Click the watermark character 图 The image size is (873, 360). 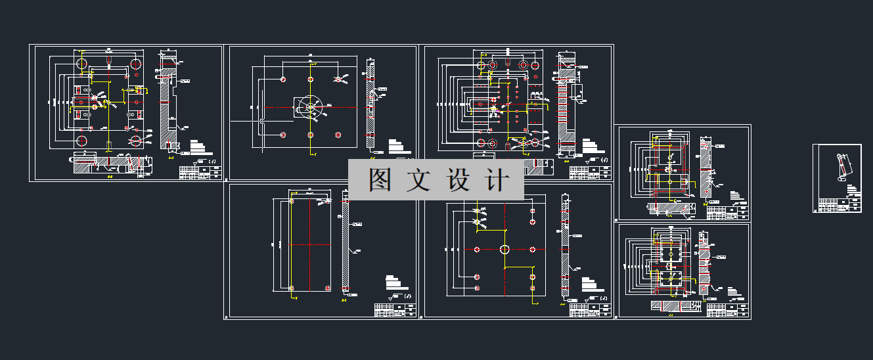point(380,179)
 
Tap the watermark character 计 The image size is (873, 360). point(498,179)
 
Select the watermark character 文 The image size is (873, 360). point(419,179)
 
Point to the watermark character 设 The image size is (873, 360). point(459,179)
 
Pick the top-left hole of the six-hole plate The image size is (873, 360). point(282,79)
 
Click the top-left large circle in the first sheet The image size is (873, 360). point(81,64)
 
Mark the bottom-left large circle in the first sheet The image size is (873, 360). point(81,141)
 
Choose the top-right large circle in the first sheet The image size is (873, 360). point(136,64)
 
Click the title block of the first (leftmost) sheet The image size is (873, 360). point(200,172)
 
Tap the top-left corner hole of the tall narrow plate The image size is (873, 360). point(292,202)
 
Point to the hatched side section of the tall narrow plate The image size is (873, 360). point(346,246)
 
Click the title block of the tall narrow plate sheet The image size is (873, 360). point(394,310)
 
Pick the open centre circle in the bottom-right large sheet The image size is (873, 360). point(504,249)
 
